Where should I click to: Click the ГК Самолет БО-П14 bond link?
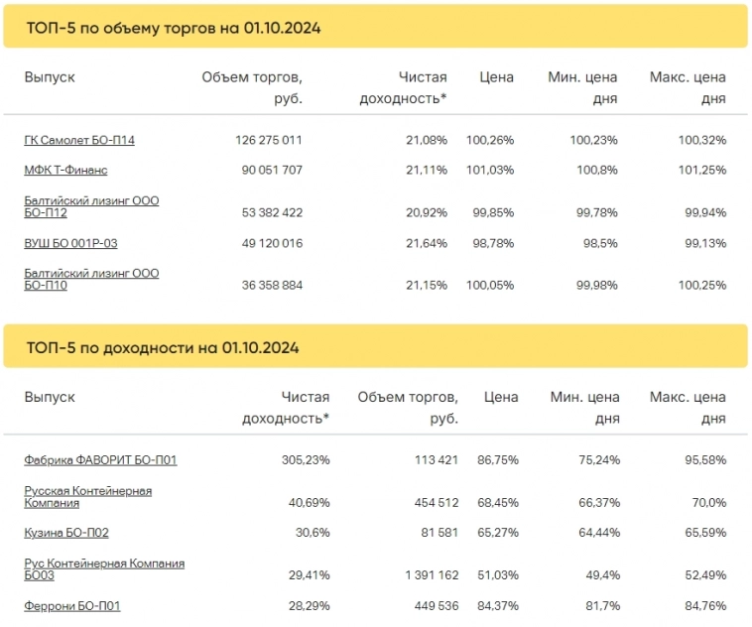click(x=79, y=140)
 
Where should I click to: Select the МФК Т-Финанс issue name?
click(x=65, y=171)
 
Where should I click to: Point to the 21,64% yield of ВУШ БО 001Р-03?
click(x=426, y=243)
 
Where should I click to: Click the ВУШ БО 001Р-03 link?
click(x=70, y=243)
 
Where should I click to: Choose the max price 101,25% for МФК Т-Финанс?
click(x=701, y=171)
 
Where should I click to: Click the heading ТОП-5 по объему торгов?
click(x=173, y=28)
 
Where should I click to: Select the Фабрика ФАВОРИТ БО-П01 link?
click(x=100, y=460)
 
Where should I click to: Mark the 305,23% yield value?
click(x=305, y=460)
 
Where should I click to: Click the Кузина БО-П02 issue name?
click(x=66, y=533)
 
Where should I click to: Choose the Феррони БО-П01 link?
click(x=72, y=605)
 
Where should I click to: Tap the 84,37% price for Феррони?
click(x=495, y=605)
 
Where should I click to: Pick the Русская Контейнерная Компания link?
click(x=87, y=497)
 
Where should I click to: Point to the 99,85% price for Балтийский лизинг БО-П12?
click(x=491, y=212)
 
